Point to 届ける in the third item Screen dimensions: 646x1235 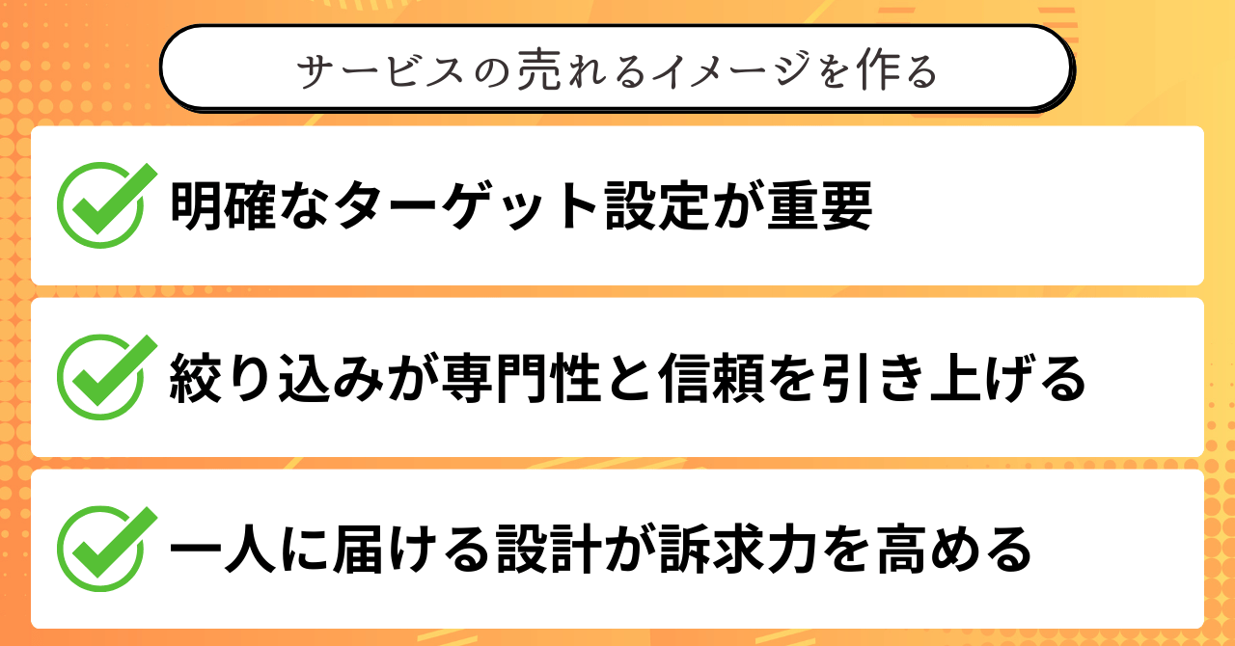tap(381, 551)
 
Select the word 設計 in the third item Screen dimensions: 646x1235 tap(519, 551)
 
